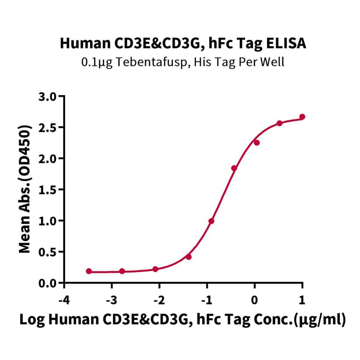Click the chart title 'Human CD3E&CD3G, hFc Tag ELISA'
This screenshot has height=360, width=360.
click(183, 44)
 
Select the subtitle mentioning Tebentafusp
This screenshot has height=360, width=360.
click(183, 62)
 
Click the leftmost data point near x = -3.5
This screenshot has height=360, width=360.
click(89, 271)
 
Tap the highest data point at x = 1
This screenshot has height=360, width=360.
click(302, 117)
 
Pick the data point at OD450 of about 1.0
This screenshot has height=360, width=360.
click(212, 221)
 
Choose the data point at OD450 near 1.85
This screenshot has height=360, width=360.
click(234, 168)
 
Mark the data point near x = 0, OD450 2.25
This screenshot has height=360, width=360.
click(257, 142)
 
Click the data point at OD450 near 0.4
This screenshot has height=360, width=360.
click(188, 257)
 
